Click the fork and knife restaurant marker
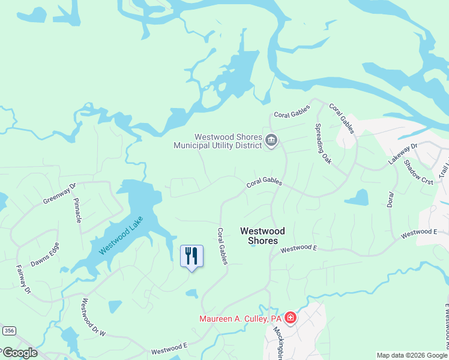tap(192, 256)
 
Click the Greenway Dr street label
tap(60, 194)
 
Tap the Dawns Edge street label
tap(45, 254)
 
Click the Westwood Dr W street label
tap(93, 317)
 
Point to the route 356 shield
tap(8, 330)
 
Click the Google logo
tap(20, 353)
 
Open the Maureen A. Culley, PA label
tap(241, 317)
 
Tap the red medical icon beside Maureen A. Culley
tap(291, 317)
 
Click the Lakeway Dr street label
tap(402, 155)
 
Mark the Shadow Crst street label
tap(418, 172)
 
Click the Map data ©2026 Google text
tap(411, 355)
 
